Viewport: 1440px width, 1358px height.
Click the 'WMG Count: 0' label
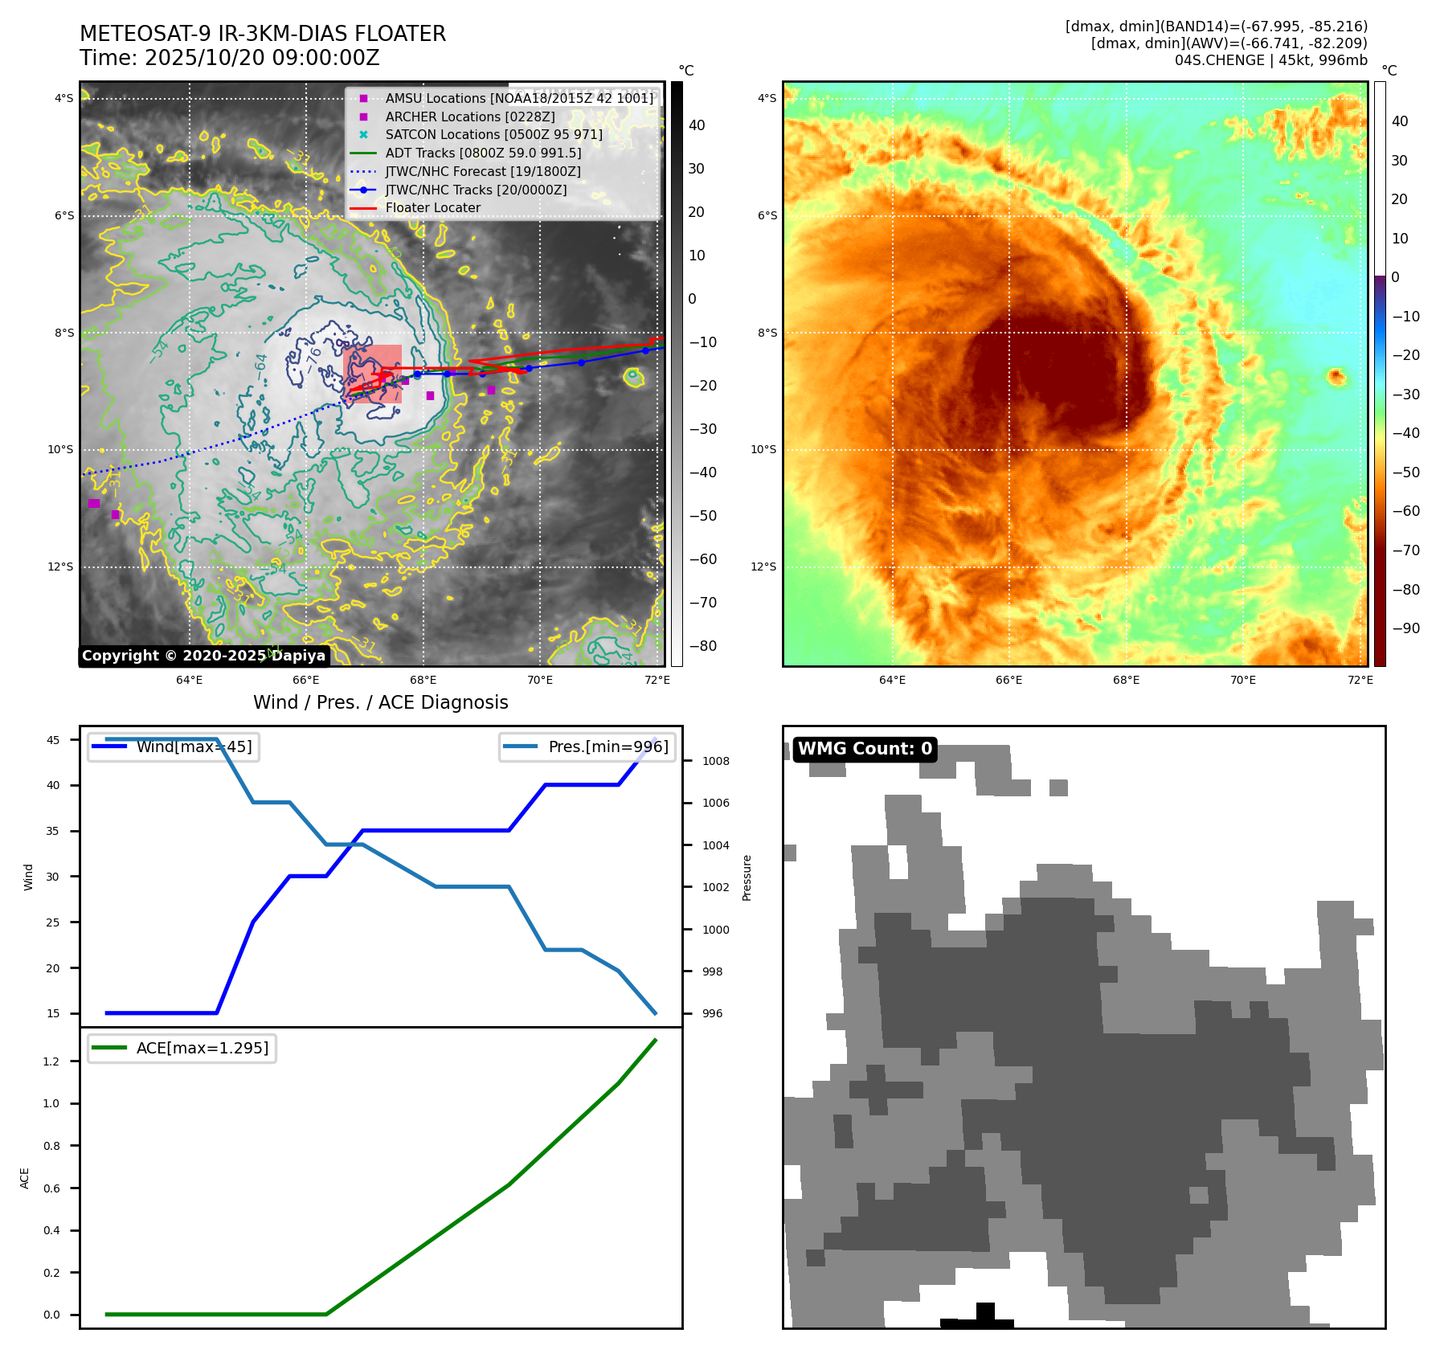click(x=865, y=749)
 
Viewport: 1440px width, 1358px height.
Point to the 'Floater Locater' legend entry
click(x=432, y=207)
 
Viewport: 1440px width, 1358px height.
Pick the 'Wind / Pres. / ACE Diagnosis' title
click(x=380, y=702)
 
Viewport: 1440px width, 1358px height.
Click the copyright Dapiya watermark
click(x=203, y=656)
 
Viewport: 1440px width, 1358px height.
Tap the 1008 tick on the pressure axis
click(x=715, y=761)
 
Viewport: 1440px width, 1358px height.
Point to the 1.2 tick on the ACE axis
click(x=51, y=1061)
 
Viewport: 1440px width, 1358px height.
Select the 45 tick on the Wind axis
click(x=53, y=740)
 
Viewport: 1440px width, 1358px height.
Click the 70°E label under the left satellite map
click(x=540, y=680)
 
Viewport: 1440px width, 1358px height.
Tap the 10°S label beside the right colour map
click(x=763, y=449)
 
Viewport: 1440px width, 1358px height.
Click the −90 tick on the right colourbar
click(x=1405, y=628)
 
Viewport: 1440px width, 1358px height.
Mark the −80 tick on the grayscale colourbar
click(x=703, y=646)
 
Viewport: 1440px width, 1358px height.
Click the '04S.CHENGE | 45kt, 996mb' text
click(x=1270, y=60)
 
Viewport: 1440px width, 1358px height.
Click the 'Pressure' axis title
click(x=747, y=877)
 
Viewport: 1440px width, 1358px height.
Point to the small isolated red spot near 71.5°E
click(x=1336, y=375)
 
